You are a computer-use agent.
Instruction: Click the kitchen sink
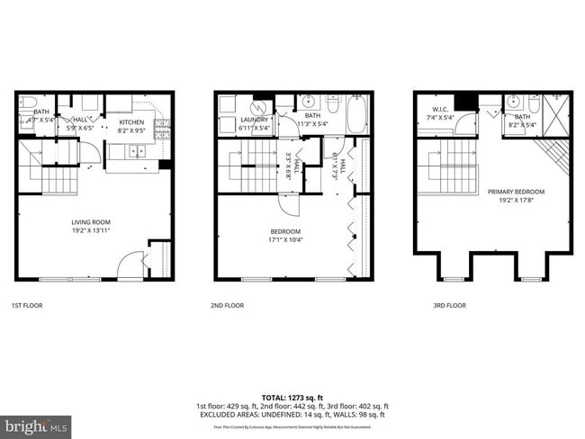click(137, 150)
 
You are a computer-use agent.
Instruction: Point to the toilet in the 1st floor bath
click(28, 101)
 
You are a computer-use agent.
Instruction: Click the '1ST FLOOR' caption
click(26, 306)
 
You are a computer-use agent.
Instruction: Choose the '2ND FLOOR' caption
click(227, 306)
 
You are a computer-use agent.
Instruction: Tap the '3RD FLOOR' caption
click(449, 306)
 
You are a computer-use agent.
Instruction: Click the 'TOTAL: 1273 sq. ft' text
click(292, 397)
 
